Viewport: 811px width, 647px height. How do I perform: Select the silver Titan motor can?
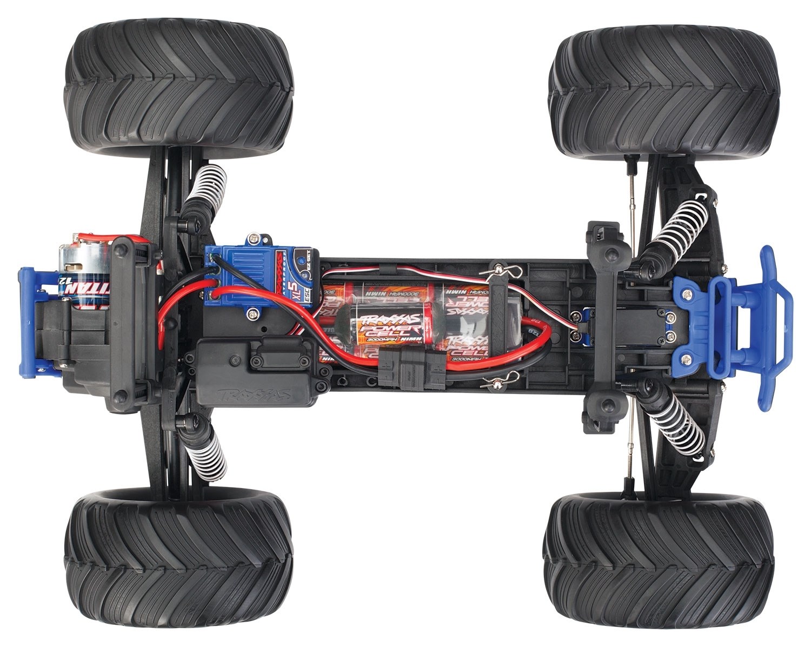point(81,276)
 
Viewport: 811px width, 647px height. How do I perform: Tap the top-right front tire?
point(665,89)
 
